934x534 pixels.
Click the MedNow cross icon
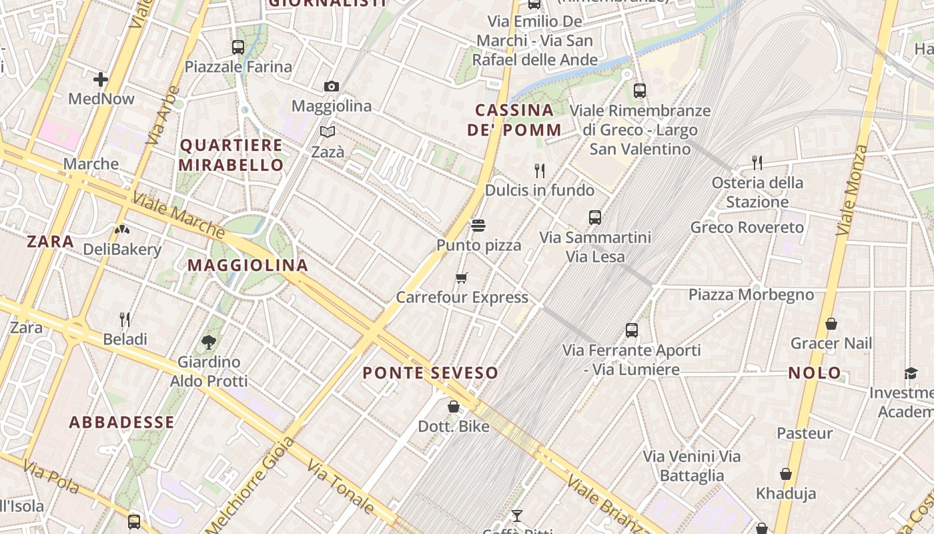click(x=101, y=80)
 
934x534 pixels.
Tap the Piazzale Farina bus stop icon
click(x=238, y=47)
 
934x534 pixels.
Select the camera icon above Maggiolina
click(x=331, y=86)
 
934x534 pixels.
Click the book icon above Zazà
click(x=327, y=131)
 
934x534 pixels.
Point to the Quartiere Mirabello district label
click(x=231, y=155)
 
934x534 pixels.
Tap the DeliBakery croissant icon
click(x=122, y=230)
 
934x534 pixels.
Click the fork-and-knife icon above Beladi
click(x=125, y=319)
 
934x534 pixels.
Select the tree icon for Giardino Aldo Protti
click(x=209, y=342)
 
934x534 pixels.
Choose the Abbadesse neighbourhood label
click(x=122, y=422)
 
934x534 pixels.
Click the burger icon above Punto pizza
click(x=478, y=225)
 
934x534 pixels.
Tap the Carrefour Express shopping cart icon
click(x=462, y=277)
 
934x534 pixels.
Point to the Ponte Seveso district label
click(x=430, y=373)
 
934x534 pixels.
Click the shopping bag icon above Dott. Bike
click(x=454, y=406)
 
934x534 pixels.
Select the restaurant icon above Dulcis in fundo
click(x=540, y=170)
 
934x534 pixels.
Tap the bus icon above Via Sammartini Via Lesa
click(x=595, y=217)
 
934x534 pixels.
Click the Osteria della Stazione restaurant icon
click(x=757, y=162)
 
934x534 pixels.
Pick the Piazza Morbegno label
click(x=751, y=294)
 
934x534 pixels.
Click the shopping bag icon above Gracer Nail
click(x=831, y=324)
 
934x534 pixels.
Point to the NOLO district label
click(x=815, y=373)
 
